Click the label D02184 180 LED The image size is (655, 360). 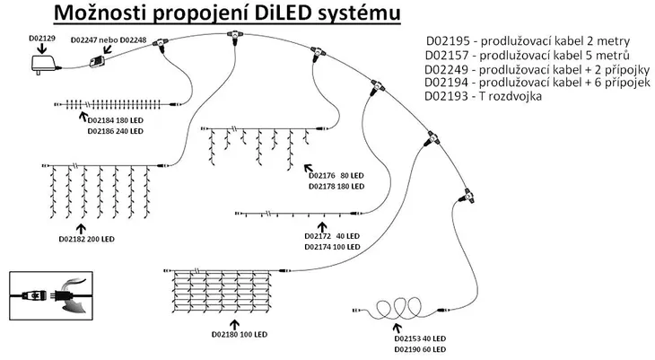point(115,119)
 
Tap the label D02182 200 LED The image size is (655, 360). point(86,240)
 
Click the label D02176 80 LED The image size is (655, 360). point(336,176)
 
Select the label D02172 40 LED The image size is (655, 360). point(334,235)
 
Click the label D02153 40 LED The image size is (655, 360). point(420,338)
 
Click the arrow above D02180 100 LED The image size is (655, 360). point(237,320)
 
